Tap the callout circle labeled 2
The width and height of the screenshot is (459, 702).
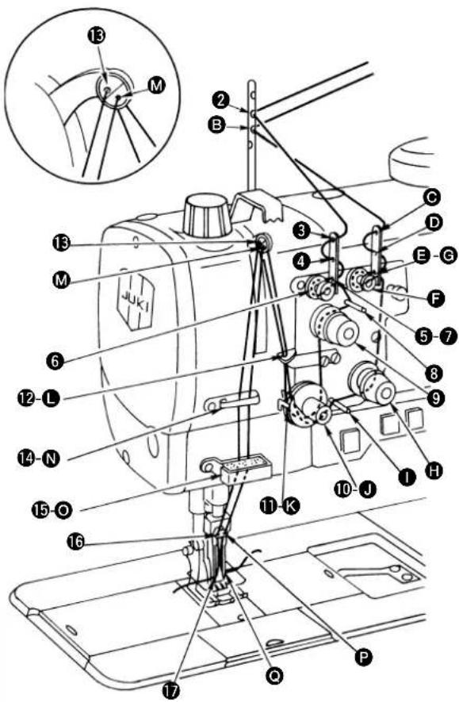coord(220,99)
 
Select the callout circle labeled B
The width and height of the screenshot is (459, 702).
coord(216,125)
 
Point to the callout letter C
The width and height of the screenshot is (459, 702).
coord(432,197)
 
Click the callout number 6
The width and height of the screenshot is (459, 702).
coord(55,360)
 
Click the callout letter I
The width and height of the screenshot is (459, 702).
coord(407,478)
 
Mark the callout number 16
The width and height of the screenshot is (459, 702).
coord(76,542)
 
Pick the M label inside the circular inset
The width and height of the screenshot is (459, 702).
coord(156,85)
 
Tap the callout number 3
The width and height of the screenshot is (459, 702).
coord(302,231)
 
